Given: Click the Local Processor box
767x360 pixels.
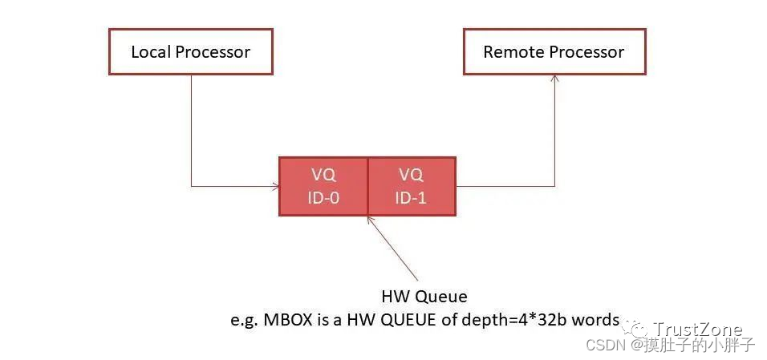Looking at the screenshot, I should [190, 53].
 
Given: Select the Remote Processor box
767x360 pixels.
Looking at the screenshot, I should [554, 53].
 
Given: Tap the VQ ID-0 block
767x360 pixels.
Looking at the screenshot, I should [323, 186].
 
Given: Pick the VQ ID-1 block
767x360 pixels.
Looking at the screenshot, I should [411, 186].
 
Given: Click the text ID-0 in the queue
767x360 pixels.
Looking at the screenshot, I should [323, 197].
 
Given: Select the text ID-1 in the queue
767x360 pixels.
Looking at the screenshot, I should [411, 197].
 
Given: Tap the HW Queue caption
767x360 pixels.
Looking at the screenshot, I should [425, 297].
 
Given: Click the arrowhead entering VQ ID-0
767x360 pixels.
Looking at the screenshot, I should [275, 186].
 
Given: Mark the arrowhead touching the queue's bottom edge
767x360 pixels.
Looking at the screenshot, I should [368, 219].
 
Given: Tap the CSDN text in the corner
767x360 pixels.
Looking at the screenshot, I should [606, 346].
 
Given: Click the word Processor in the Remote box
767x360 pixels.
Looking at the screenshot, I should [586, 53].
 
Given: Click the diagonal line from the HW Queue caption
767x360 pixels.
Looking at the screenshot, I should [395, 251].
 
